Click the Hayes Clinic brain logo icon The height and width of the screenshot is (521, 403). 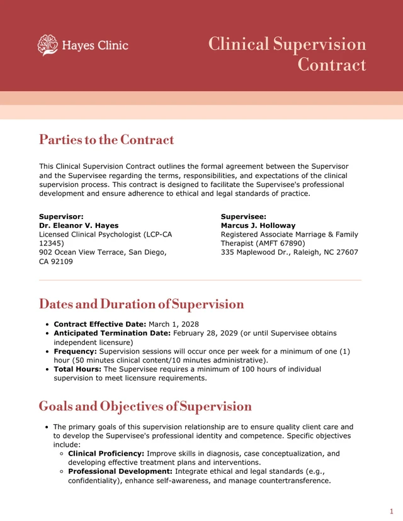(x=47, y=45)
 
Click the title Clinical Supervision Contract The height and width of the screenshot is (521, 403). (x=287, y=54)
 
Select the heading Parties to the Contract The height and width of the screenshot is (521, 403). (x=106, y=140)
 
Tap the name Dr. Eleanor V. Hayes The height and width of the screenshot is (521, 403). (x=79, y=225)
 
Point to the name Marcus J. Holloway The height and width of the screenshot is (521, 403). (x=258, y=225)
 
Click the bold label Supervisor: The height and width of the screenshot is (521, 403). (x=61, y=216)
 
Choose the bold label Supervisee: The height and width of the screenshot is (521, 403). (x=243, y=216)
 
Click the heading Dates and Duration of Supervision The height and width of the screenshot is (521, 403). (x=141, y=305)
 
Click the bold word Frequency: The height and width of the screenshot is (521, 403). (x=75, y=351)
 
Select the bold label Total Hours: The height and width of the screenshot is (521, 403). (x=77, y=369)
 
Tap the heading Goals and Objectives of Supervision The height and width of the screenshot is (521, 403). (x=145, y=406)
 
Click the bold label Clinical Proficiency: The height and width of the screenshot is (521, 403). (x=106, y=453)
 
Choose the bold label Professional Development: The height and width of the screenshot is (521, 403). (x=120, y=471)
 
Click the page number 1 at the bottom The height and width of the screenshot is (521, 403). (x=391, y=511)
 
